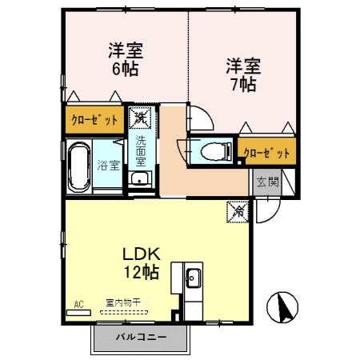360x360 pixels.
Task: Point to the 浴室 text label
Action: coord(109,166)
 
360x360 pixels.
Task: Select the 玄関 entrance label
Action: coord(268,182)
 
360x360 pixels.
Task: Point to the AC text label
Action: coord(78,303)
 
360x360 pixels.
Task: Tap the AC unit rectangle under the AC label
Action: coord(78,314)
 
